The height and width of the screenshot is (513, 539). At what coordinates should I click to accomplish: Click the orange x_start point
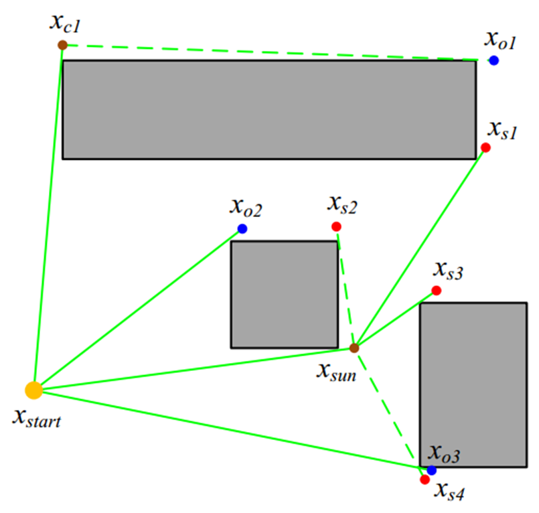33,389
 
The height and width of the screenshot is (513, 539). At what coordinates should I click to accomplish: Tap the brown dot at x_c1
62,45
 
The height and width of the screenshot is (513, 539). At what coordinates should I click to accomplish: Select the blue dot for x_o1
493,60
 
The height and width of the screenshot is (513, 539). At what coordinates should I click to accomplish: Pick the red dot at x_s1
486,147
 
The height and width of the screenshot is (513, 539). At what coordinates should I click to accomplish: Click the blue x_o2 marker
242,229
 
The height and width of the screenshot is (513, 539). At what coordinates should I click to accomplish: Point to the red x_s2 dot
336,226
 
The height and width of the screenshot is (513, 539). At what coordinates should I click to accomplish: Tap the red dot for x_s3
436,291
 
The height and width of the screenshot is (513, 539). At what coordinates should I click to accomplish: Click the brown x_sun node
354,348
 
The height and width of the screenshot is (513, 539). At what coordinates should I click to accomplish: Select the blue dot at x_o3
432,470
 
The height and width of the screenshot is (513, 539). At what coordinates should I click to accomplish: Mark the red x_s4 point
425,480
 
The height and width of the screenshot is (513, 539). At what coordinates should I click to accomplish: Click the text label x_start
37,419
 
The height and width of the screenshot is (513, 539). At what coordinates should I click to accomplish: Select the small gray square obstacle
284,294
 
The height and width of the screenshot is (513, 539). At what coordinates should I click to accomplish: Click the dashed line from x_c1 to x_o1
268,52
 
